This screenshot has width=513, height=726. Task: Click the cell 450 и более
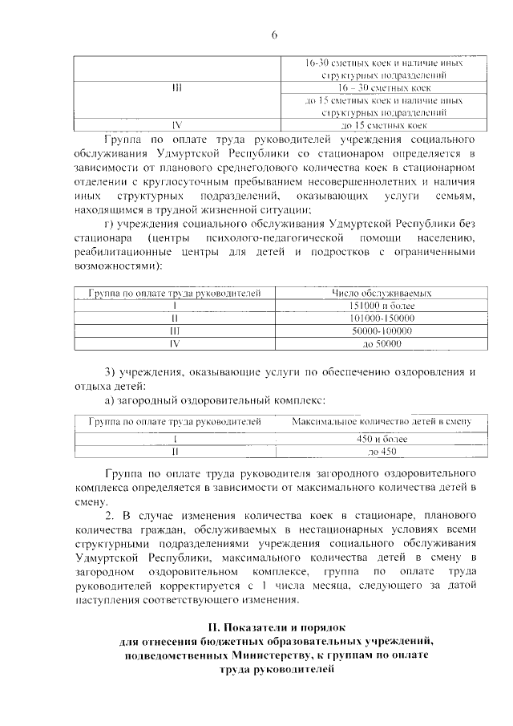click(x=382, y=439)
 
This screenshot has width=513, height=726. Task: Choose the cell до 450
click(x=382, y=452)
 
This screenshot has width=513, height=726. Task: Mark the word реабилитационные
click(x=122, y=253)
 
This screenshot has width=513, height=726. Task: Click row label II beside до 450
click(x=176, y=452)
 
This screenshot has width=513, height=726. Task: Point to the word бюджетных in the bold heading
click(x=208, y=640)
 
